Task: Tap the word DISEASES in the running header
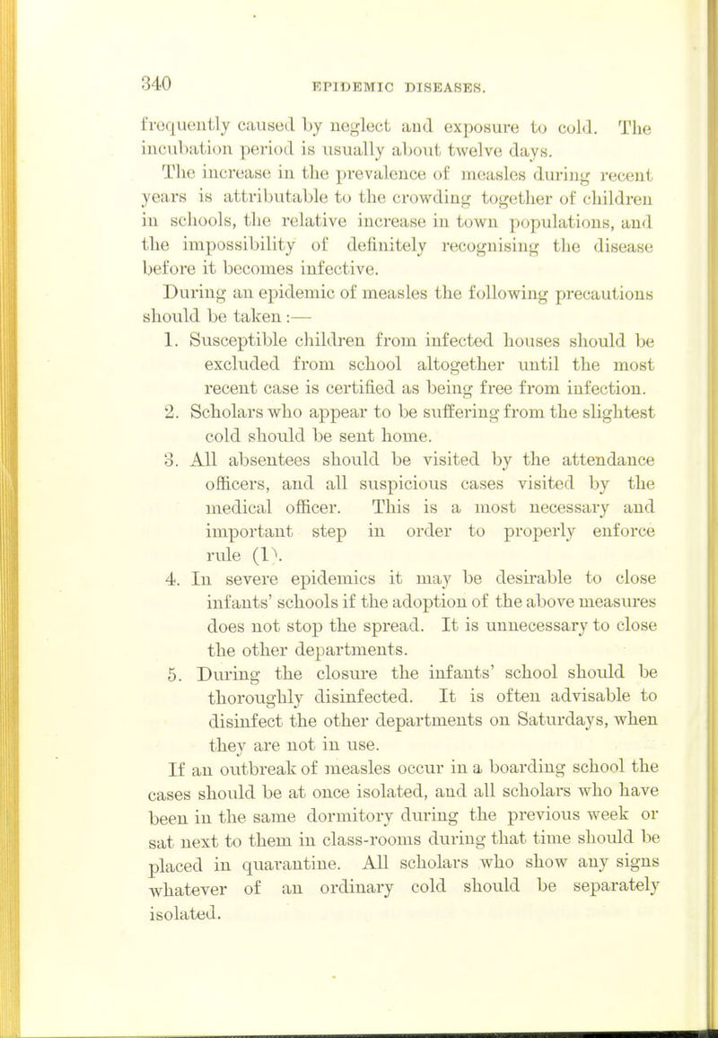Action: click(447, 90)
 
